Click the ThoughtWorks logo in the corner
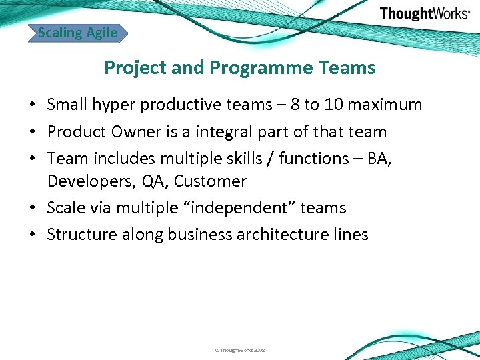point(424,13)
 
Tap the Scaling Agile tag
point(77,33)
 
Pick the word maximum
point(392,105)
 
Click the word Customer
point(210,181)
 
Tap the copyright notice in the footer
point(240,350)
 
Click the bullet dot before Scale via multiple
point(32,209)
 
